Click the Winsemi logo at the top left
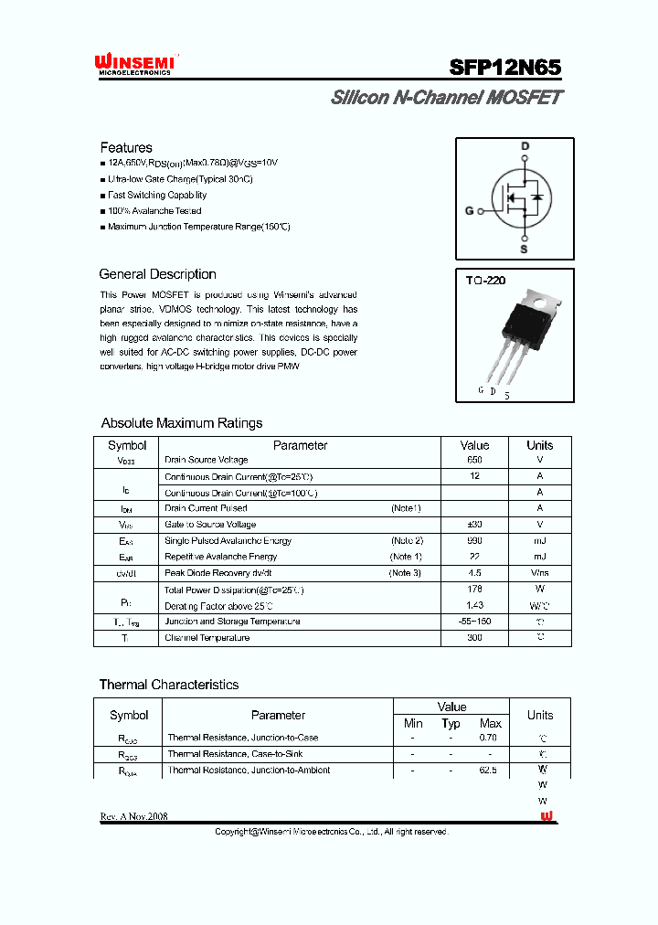[134, 64]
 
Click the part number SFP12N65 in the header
[504, 67]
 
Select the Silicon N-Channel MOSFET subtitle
[446, 98]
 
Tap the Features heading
[126, 147]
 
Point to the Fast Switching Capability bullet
[156, 195]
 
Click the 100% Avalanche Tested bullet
[154, 210]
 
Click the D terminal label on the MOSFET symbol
[525, 146]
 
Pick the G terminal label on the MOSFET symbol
[470, 210]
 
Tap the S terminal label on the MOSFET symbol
[524, 249]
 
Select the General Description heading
[157, 274]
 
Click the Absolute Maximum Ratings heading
[181, 423]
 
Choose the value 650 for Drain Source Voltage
[474, 461]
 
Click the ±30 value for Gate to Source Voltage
[474, 525]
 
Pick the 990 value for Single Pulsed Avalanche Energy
[474, 541]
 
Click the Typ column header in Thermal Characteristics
[451, 724]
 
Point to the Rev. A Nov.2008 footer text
[133, 816]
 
